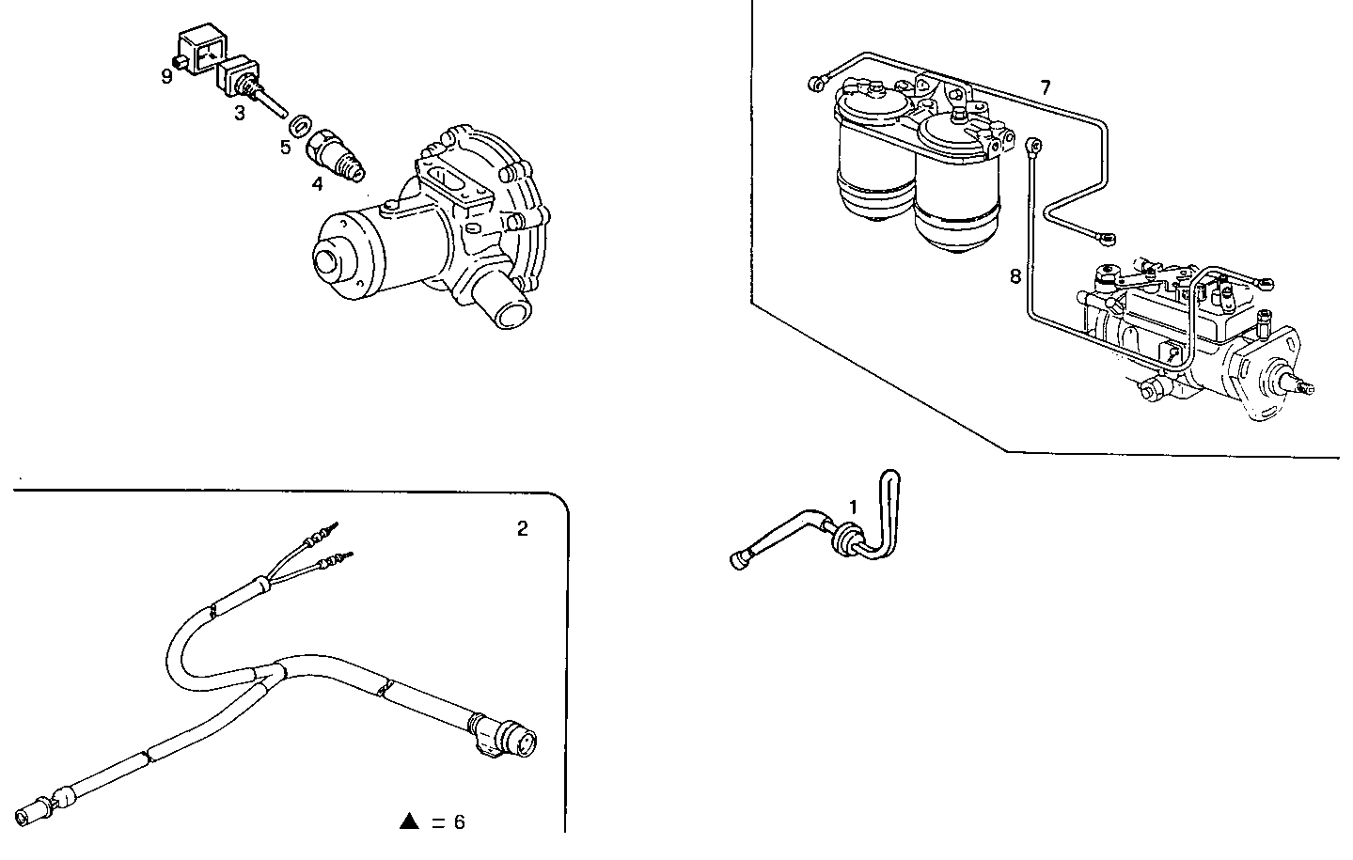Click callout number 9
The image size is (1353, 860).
[166, 76]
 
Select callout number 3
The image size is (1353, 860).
[240, 113]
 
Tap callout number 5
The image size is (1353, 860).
[285, 147]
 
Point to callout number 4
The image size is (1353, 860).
[318, 184]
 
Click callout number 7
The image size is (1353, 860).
[1045, 87]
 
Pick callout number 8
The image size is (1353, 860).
[1015, 276]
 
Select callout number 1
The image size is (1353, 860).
[853, 508]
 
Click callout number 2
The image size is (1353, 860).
[523, 529]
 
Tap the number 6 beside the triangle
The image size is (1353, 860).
[459, 822]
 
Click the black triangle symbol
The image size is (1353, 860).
[408, 822]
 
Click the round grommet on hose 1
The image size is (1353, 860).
[844, 539]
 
